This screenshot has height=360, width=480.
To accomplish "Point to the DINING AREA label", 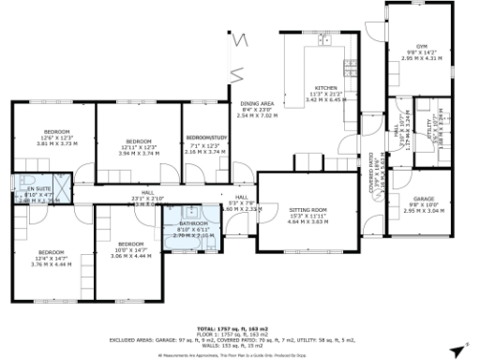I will [256, 104].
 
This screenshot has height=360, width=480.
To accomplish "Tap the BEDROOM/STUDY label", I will [203, 137].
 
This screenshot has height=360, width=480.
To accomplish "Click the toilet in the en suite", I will [31, 178].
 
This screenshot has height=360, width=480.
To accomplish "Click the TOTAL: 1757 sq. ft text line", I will [240, 328].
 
